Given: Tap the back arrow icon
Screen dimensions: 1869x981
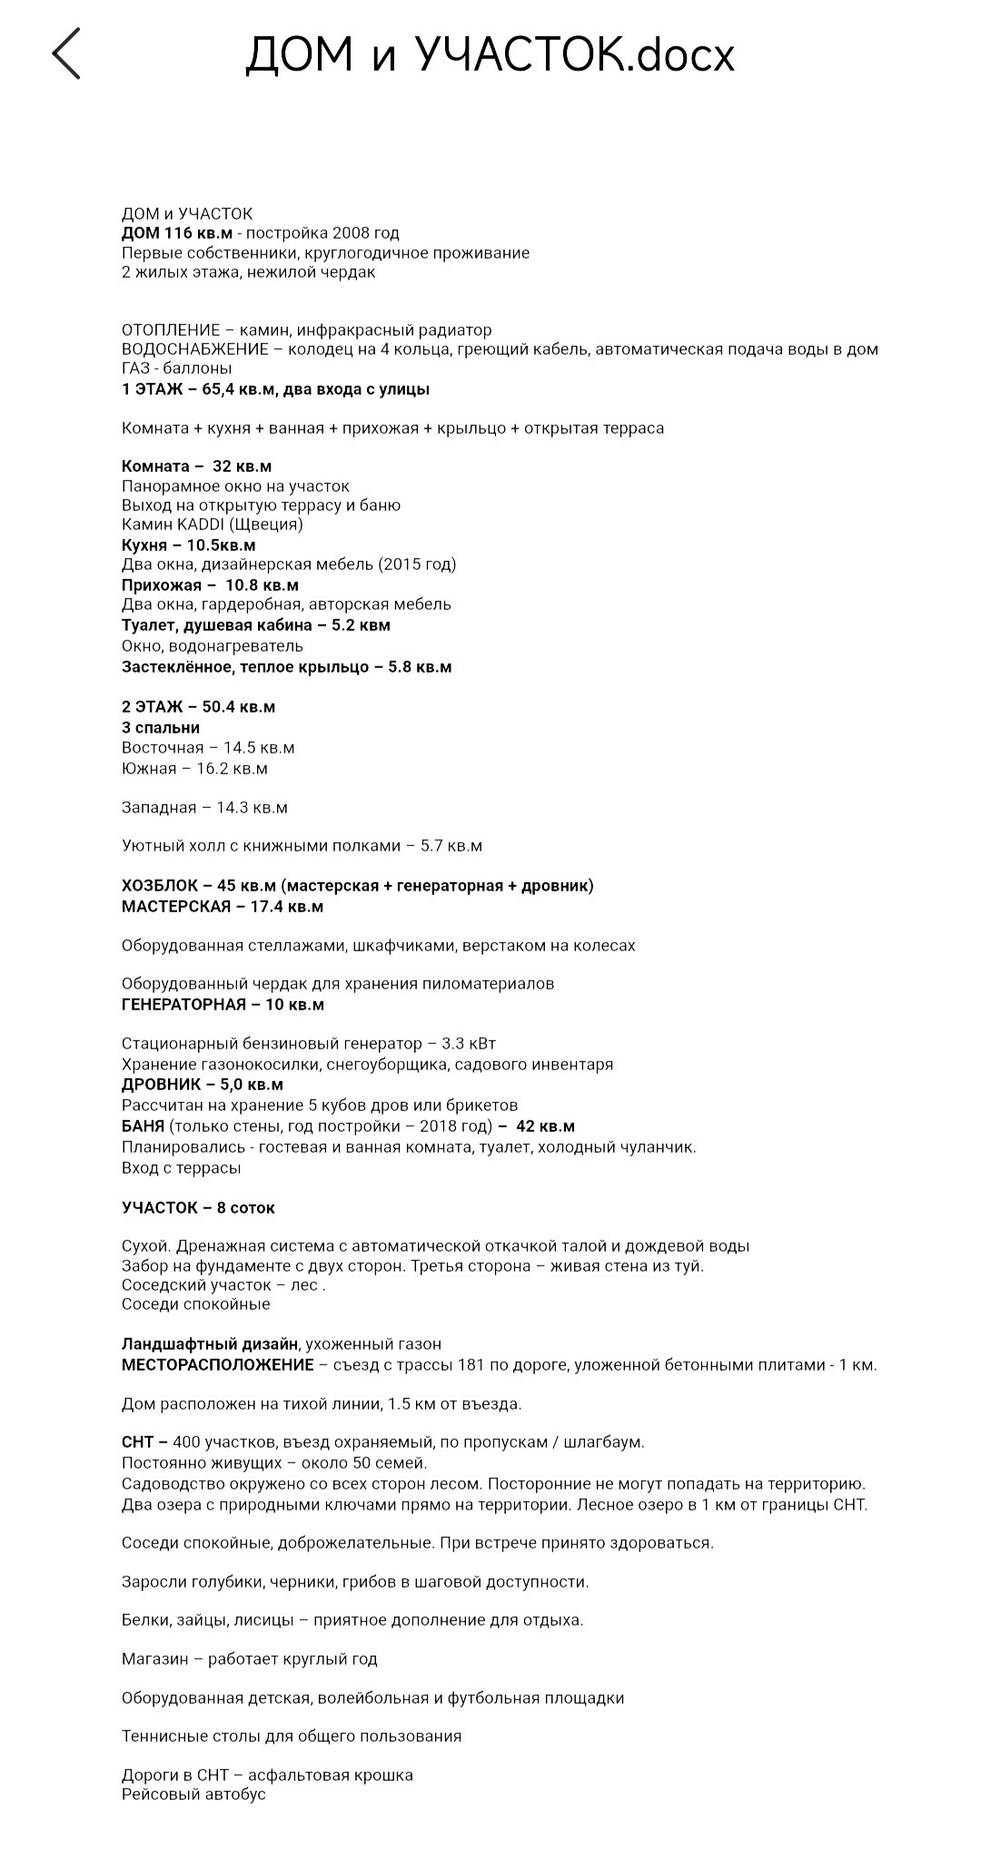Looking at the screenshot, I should (66, 54).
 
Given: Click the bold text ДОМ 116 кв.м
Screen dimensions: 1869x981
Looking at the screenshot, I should (177, 233).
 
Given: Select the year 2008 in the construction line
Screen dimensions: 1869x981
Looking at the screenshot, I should (347, 233).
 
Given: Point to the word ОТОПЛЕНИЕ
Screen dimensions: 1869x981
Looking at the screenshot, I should (171, 330).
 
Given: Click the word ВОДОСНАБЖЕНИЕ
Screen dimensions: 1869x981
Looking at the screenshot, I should (194, 349).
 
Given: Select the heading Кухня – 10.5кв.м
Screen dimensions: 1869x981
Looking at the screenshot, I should (189, 546).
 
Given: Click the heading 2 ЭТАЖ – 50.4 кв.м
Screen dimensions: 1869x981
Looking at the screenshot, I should (198, 707).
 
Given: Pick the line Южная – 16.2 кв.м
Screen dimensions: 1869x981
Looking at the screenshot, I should (194, 769).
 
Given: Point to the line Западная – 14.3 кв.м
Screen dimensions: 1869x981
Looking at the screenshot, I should (204, 808).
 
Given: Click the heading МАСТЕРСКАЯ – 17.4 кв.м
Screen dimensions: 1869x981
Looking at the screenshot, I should (223, 907).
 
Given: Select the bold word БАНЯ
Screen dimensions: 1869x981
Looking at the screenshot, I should (144, 1127).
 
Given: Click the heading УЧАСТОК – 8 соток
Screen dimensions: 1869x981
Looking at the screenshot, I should (198, 1208).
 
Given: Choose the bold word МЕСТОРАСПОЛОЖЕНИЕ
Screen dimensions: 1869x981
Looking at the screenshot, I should (218, 1365).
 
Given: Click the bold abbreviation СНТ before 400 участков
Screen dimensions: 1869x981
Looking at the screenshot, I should (138, 1442).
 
